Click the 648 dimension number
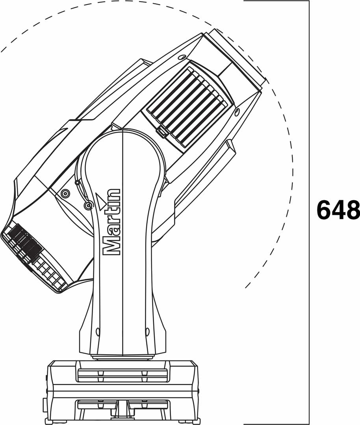(x=338, y=209)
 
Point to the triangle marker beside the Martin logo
(x=101, y=201)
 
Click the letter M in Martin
(x=111, y=247)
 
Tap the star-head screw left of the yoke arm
(x=65, y=193)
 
